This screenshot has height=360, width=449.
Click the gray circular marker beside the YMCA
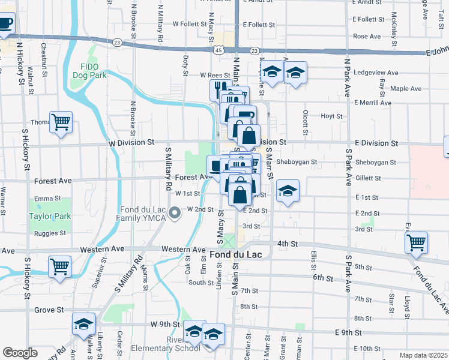tap(175, 213)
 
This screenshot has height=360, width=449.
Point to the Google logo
tap(20, 353)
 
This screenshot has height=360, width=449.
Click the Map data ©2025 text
tap(423, 355)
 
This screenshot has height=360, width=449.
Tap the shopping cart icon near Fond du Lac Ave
tap(416, 242)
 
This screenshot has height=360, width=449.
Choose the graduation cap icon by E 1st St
tap(288, 191)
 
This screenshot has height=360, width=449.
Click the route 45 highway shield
tap(217, 51)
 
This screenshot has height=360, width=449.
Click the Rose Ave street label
tap(367, 37)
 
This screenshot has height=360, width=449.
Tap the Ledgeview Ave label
tap(377, 73)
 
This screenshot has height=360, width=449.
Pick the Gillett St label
tap(368, 178)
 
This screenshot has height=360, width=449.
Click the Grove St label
tap(49, 310)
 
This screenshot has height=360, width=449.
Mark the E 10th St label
tap(367, 349)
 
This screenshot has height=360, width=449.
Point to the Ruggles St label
tap(50, 233)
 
